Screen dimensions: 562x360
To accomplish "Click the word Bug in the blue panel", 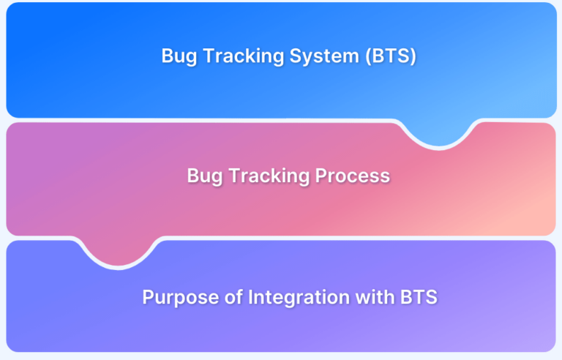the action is [x=179, y=56].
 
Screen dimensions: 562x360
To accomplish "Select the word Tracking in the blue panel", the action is [x=244, y=56].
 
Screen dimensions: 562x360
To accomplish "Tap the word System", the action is [x=324, y=56].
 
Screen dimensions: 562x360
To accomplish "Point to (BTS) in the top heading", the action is [x=391, y=56].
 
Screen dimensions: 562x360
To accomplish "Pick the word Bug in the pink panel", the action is [x=205, y=176].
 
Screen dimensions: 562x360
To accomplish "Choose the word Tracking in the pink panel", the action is [x=269, y=176].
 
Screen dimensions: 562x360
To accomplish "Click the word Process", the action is [x=353, y=176].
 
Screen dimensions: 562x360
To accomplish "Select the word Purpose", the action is [x=181, y=298].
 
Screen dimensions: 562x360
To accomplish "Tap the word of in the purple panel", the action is [x=234, y=297].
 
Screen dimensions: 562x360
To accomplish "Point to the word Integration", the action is [x=299, y=298].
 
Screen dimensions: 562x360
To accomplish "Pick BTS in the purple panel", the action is [x=419, y=297].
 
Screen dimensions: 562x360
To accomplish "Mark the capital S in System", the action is [x=296, y=56].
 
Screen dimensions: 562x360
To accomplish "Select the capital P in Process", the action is [x=321, y=176].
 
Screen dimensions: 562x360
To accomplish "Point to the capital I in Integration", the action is [x=250, y=297].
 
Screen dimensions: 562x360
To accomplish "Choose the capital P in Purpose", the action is [x=149, y=297].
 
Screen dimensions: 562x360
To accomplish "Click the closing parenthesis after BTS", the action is [x=413, y=56].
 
